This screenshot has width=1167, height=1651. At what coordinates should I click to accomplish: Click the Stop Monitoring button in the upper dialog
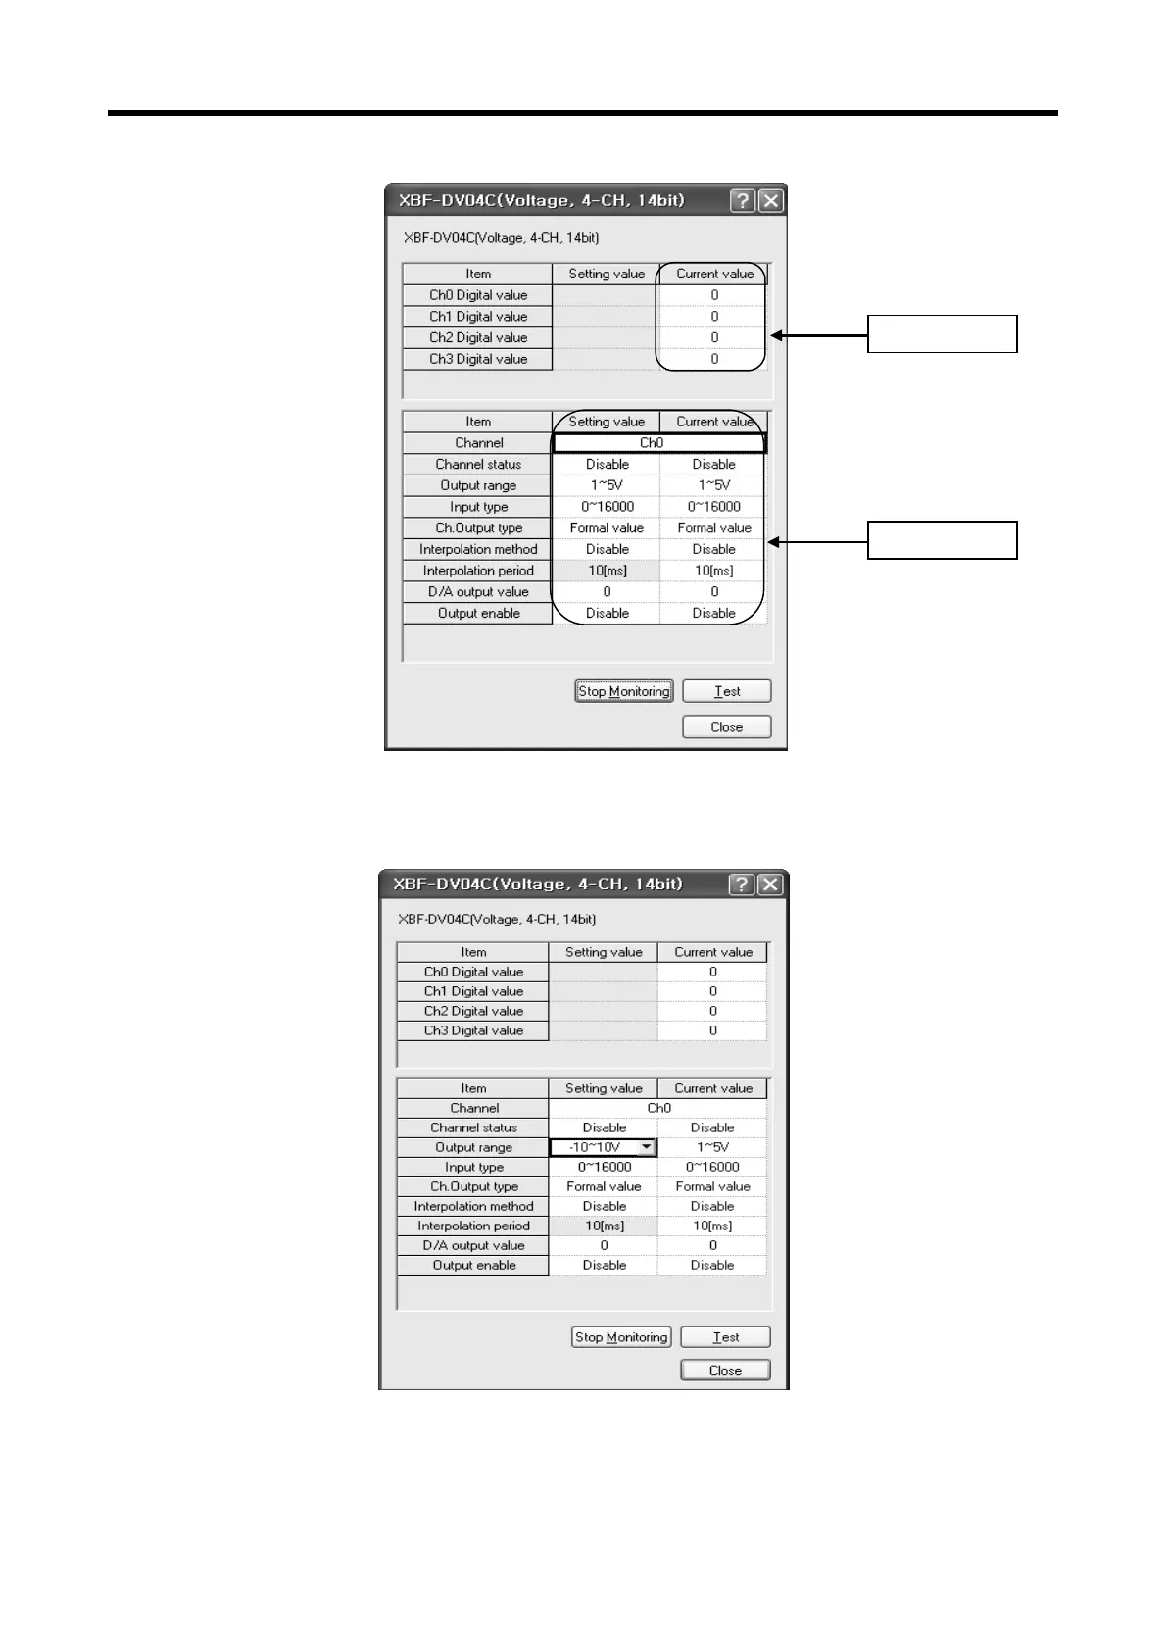(x=623, y=691)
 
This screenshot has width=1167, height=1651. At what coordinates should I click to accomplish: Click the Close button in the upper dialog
(x=726, y=726)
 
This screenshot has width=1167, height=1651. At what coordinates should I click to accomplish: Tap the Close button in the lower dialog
(x=725, y=1370)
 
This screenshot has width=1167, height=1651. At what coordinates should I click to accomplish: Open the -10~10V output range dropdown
(x=646, y=1147)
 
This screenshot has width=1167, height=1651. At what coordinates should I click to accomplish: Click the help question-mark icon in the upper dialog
(x=743, y=200)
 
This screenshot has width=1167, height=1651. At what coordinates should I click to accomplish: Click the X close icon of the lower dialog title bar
(x=771, y=884)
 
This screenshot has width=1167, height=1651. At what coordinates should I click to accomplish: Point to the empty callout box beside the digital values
(x=942, y=333)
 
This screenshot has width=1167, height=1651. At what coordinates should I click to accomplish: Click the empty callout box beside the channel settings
(x=942, y=540)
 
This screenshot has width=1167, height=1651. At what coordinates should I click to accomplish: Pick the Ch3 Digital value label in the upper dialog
(x=478, y=359)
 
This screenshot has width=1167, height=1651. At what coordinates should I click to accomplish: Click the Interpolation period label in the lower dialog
(x=473, y=1226)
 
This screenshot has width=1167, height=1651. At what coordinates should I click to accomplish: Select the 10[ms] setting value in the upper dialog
(x=607, y=571)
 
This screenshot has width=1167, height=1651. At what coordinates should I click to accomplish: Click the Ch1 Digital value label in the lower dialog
(x=473, y=991)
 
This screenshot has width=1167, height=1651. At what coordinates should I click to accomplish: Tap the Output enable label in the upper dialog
(x=478, y=613)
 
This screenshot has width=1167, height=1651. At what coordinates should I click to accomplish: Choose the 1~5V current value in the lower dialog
(x=712, y=1147)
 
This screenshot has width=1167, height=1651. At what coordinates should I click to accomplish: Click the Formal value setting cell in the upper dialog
(x=607, y=527)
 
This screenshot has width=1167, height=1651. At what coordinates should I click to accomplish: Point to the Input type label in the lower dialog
(x=473, y=1167)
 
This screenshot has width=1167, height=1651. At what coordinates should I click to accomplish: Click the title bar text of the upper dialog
(x=541, y=200)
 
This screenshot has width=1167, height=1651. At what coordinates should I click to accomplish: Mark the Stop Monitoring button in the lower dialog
(x=621, y=1337)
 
